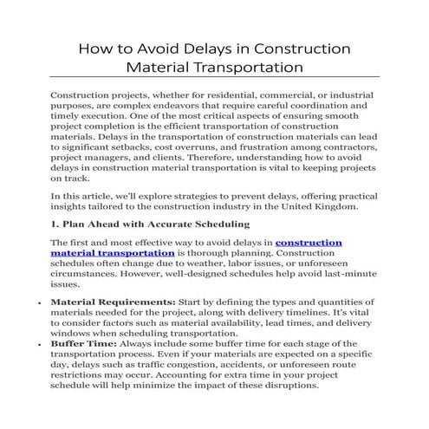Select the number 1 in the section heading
click(55, 224)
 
